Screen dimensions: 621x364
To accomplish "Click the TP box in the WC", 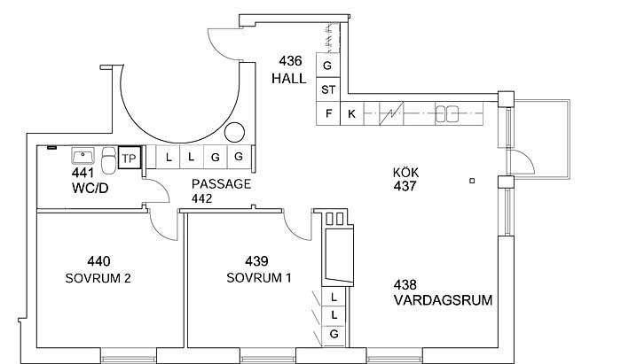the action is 130,158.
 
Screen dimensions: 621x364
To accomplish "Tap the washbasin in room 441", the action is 83,155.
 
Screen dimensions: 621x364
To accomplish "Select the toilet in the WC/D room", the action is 108,160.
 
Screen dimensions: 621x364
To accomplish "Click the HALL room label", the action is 288,79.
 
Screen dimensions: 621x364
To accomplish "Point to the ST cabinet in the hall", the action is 328,89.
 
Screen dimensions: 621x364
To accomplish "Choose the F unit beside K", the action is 328,114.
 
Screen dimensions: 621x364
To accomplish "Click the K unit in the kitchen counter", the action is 351,114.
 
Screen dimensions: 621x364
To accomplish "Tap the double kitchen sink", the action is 447,114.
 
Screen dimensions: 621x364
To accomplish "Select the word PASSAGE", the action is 221,184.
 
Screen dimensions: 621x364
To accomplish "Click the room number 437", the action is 405,186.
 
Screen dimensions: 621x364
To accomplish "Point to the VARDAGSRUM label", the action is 443,300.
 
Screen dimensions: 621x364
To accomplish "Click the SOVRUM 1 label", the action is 259,278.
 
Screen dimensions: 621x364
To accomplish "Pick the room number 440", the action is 98,261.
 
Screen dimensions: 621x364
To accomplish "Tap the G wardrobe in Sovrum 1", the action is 334,335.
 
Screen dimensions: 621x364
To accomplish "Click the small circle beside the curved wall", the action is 234,132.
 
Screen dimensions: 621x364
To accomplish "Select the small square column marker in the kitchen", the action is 472,181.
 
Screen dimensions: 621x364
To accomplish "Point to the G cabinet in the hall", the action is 327,66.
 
